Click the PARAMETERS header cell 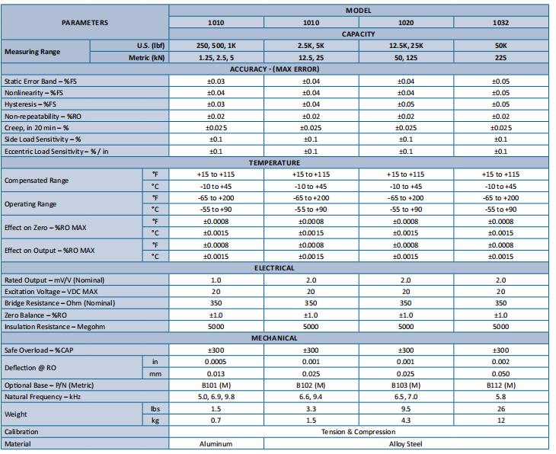coord(85,22)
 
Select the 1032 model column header coord(500,23)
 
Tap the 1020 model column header coord(406,23)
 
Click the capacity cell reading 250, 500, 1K coord(216,46)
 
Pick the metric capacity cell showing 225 coord(500,58)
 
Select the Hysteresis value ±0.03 coord(216,104)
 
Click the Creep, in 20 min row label coord(37,127)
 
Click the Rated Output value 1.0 coord(216,280)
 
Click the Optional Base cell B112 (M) coord(500,385)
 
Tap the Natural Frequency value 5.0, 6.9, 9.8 coord(216,397)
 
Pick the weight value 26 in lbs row coord(500,408)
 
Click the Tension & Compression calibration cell coord(359,432)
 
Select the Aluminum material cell coord(216,443)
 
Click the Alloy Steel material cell coord(406,443)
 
